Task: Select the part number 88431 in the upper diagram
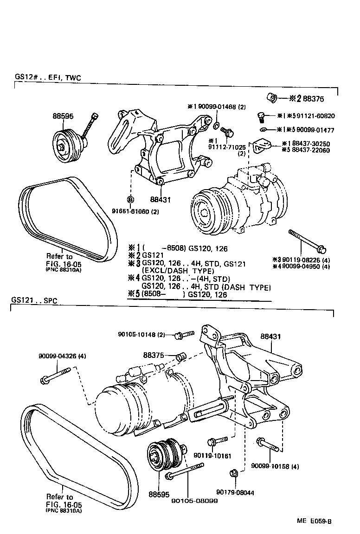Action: point(161,200)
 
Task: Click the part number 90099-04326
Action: point(58,356)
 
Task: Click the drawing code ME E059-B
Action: point(314,521)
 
